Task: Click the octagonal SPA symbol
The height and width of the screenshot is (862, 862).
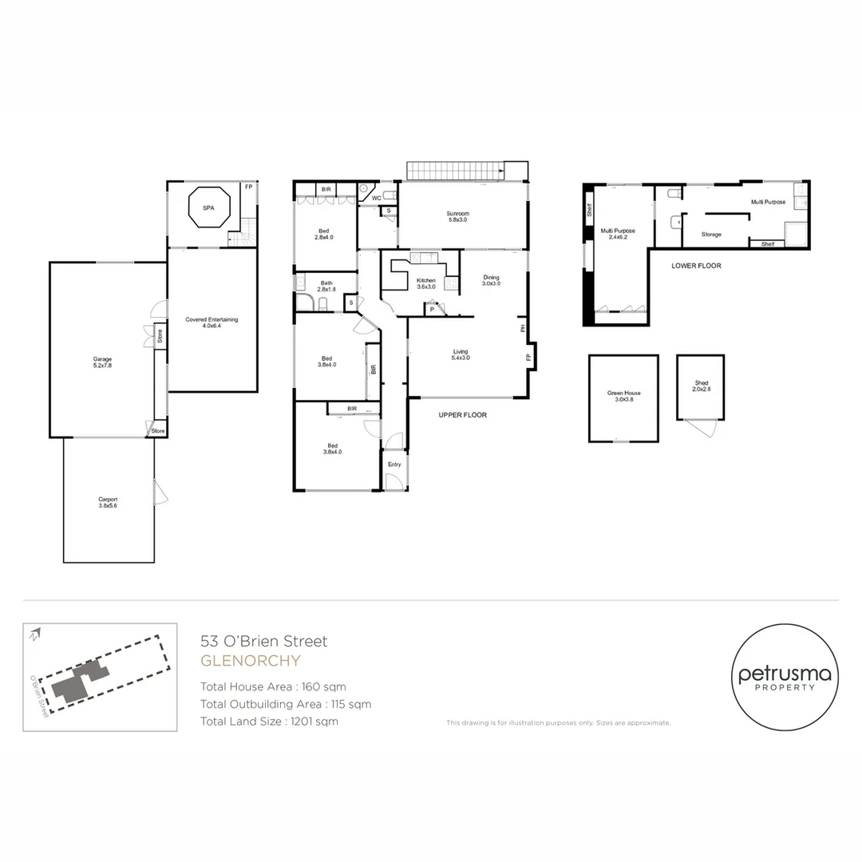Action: (x=208, y=208)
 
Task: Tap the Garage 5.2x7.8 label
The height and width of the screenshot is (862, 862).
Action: (x=101, y=362)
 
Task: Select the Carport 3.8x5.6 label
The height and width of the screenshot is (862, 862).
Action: (x=108, y=502)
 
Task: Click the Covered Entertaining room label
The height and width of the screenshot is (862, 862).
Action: (x=212, y=322)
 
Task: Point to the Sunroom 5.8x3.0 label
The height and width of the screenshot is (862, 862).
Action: (x=457, y=216)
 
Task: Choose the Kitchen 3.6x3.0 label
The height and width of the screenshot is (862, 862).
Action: (x=426, y=283)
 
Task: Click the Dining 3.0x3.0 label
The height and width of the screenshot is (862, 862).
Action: (x=492, y=280)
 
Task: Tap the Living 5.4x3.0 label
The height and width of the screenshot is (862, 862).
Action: (x=461, y=354)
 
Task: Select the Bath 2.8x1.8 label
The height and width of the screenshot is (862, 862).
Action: (x=326, y=286)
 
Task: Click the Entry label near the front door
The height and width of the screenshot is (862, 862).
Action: (x=394, y=465)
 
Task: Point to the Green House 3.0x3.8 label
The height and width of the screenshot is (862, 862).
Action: (x=623, y=396)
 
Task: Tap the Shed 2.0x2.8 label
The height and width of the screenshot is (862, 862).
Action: (x=701, y=386)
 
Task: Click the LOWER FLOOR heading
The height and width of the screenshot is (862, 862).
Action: (x=696, y=266)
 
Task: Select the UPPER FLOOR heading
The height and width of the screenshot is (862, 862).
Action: (x=462, y=415)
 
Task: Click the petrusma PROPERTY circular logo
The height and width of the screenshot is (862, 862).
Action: (x=785, y=678)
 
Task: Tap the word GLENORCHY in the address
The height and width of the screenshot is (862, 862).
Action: (x=250, y=661)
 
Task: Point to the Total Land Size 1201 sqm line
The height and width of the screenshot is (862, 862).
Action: (x=269, y=722)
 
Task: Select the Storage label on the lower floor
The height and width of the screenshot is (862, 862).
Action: (x=711, y=235)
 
